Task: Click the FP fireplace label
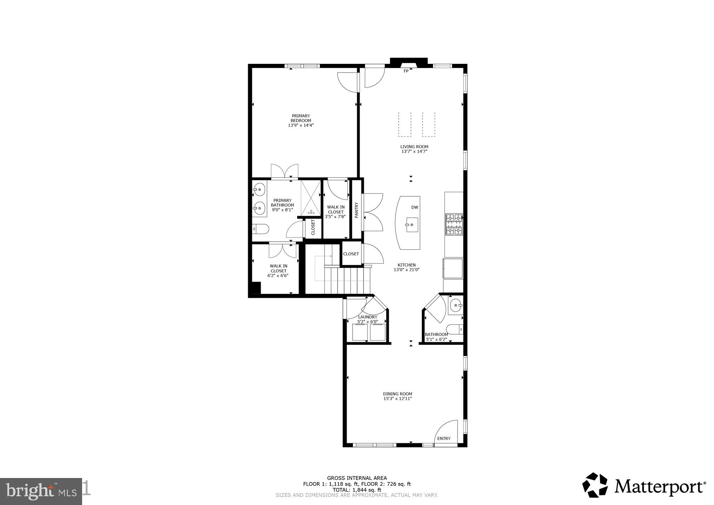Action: pos(406,71)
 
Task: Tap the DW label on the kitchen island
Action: pos(415,207)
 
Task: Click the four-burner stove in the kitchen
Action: pos(454,224)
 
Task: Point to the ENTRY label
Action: pos(444,438)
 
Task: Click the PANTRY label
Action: pos(356,210)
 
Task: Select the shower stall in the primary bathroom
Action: pos(311,197)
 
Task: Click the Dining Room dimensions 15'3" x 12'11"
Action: pos(397,399)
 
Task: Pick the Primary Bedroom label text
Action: pos(301,118)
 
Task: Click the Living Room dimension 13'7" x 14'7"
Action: pos(414,151)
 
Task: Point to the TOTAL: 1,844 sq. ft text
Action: pos(357,490)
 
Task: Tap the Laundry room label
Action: pos(367,317)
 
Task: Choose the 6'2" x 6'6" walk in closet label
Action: pos(278,271)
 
